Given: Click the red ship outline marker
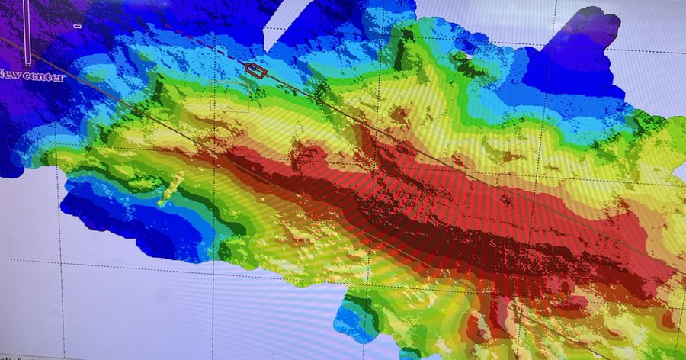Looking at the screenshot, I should click(x=257, y=71).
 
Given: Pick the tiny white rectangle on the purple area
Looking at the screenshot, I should click(x=77, y=26).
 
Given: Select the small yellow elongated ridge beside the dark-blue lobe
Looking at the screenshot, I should click(x=169, y=188).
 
